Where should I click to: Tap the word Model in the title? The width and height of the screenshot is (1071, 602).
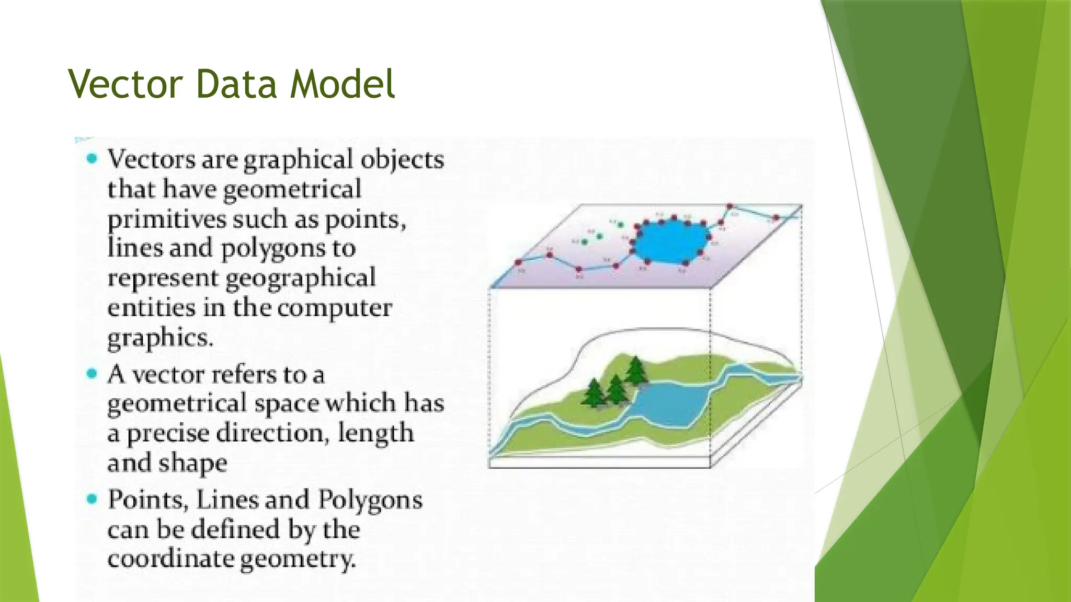point(343,84)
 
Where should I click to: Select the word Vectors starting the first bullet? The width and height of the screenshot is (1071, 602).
point(151,159)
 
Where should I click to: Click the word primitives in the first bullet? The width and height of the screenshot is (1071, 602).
point(166,219)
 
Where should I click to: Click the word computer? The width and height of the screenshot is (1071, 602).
point(335,308)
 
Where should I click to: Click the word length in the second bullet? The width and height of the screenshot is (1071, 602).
point(375,433)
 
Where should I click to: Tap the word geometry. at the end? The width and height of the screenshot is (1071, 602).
point(298,560)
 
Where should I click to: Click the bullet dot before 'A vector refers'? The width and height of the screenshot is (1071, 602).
point(92,374)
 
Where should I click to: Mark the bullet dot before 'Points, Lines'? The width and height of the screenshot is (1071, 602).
point(92,499)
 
